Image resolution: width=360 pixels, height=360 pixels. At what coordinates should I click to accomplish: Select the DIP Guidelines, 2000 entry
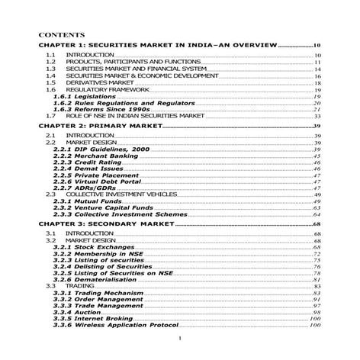click(x=94, y=149)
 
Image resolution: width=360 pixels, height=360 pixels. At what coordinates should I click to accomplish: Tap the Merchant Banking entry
click(x=92, y=156)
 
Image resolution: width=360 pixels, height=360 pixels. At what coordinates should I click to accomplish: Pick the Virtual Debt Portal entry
click(x=94, y=182)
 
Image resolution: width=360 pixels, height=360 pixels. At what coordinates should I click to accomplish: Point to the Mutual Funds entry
click(x=85, y=201)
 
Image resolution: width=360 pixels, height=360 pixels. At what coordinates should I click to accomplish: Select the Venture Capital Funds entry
click(x=98, y=208)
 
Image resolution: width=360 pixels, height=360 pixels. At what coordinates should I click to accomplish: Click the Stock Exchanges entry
click(x=88, y=247)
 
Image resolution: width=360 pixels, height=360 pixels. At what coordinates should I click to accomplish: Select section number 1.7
click(x=50, y=116)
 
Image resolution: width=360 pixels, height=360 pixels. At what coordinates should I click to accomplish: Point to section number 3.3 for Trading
click(x=50, y=286)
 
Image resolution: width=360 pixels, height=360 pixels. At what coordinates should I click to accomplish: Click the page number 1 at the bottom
click(x=180, y=339)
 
